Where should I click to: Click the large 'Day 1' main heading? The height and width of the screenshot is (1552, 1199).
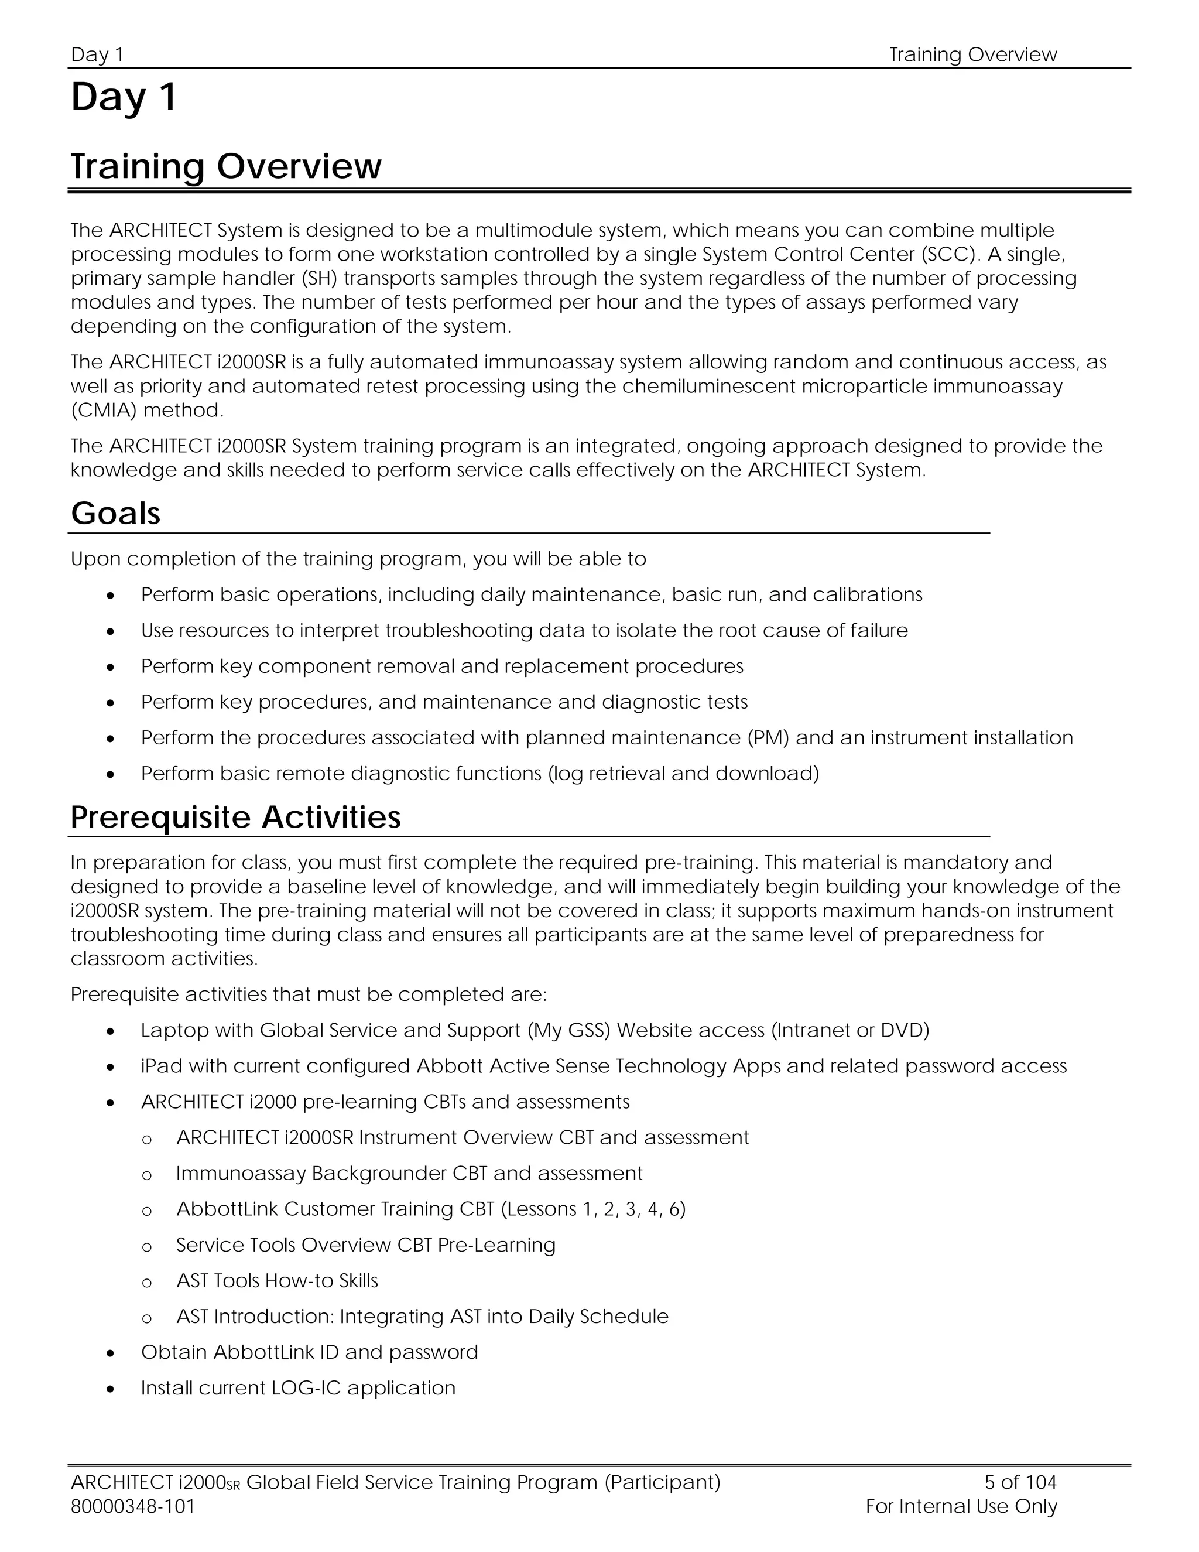coord(124,97)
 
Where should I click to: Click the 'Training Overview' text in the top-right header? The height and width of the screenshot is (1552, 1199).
coord(972,54)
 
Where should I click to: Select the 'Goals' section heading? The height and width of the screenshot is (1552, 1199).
coord(116,514)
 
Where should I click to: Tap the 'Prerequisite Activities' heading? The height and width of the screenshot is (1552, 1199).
coord(235,817)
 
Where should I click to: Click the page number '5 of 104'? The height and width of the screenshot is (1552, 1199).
coord(1020,1482)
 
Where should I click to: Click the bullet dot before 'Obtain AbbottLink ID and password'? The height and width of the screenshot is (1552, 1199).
coord(110,1353)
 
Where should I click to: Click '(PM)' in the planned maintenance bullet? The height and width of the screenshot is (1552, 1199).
coord(768,739)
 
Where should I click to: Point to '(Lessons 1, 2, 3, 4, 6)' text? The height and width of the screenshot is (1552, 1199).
coord(593,1209)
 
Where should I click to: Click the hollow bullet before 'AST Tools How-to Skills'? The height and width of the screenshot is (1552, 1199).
coord(147,1283)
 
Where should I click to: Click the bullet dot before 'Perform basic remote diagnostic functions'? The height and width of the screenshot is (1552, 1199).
coord(110,775)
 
